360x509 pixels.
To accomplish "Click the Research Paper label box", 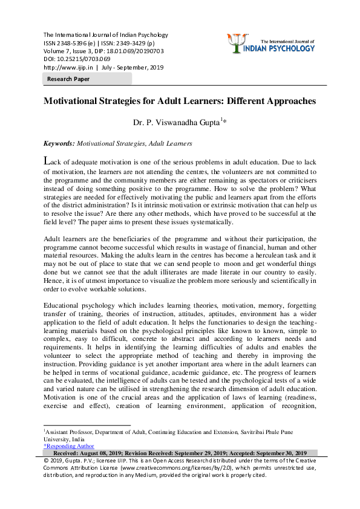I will [x=68, y=79].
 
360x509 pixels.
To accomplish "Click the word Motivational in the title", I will [x=76, y=101].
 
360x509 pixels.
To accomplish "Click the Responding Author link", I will [x=68, y=446].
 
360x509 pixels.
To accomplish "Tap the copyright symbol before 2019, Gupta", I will [x=47, y=461].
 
